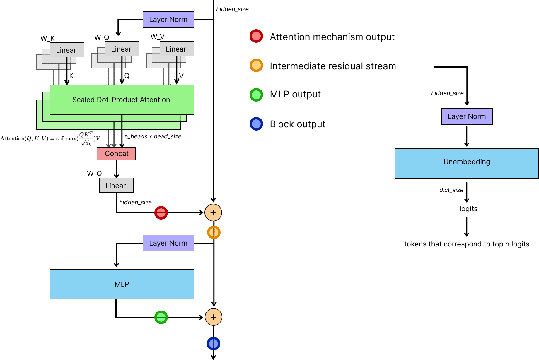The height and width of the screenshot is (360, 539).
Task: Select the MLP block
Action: [x=122, y=284]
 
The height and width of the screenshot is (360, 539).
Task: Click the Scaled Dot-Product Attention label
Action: [x=121, y=100]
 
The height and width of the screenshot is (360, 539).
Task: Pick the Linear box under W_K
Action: [x=67, y=50]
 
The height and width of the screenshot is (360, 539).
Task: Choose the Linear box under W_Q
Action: [x=122, y=49]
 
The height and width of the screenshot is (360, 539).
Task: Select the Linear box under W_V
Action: [x=176, y=49]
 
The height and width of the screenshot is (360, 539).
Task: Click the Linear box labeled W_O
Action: [x=116, y=186]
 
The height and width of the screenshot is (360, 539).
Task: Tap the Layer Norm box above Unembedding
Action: [x=467, y=116]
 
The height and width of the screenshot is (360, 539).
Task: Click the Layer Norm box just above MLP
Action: [x=168, y=243]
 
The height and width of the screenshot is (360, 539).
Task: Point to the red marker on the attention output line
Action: [x=161, y=213]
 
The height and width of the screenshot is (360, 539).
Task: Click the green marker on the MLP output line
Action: [x=161, y=317]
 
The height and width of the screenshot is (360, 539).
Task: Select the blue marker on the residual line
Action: [x=214, y=344]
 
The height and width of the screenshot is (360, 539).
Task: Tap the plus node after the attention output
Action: [x=213, y=213]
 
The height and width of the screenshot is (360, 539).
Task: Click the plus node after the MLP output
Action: [x=214, y=317]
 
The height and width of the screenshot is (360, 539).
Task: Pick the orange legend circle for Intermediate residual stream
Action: [x=256, y=66]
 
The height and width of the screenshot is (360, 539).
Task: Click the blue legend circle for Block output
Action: [x=256, y=124]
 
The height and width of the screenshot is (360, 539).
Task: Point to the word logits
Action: [x=468, y=209]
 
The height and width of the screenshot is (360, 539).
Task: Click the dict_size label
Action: [x=451, y=190]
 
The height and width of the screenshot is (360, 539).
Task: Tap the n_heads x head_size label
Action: [x=153, y=136]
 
